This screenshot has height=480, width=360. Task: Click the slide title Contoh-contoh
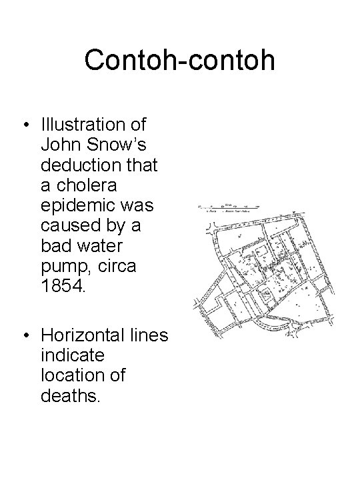tap(179, 60)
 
